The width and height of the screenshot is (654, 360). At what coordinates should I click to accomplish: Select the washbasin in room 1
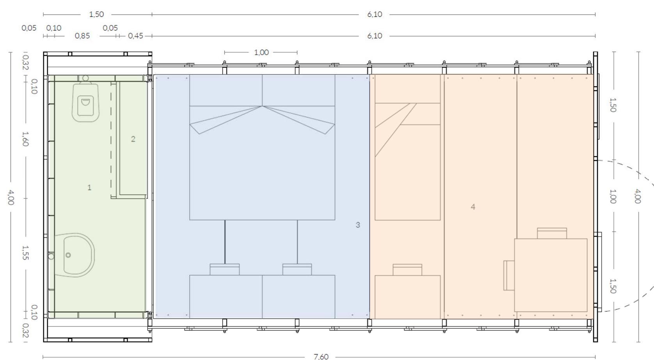(76, 255)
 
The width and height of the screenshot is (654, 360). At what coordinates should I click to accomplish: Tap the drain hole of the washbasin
(68, 255)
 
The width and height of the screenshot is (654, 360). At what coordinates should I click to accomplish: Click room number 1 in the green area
(89, 188)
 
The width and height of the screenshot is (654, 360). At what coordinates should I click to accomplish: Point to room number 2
(133, 139)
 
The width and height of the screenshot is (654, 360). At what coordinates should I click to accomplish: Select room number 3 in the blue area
(358, 225)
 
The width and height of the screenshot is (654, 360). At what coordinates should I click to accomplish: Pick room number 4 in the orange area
(473, 207)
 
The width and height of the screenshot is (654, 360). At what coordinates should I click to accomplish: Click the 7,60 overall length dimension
(321, 356)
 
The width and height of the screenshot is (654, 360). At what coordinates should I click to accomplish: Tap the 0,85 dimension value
(82, 36)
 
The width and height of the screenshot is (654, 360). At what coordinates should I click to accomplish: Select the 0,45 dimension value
(135, 36)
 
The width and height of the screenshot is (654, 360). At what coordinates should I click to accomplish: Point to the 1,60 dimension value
(25, 139)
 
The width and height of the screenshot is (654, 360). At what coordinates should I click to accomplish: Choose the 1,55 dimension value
(25, 253)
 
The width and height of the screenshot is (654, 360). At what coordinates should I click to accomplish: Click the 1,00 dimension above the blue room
(261, 52)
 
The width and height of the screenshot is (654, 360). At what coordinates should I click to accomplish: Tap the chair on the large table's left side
(508, 275)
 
